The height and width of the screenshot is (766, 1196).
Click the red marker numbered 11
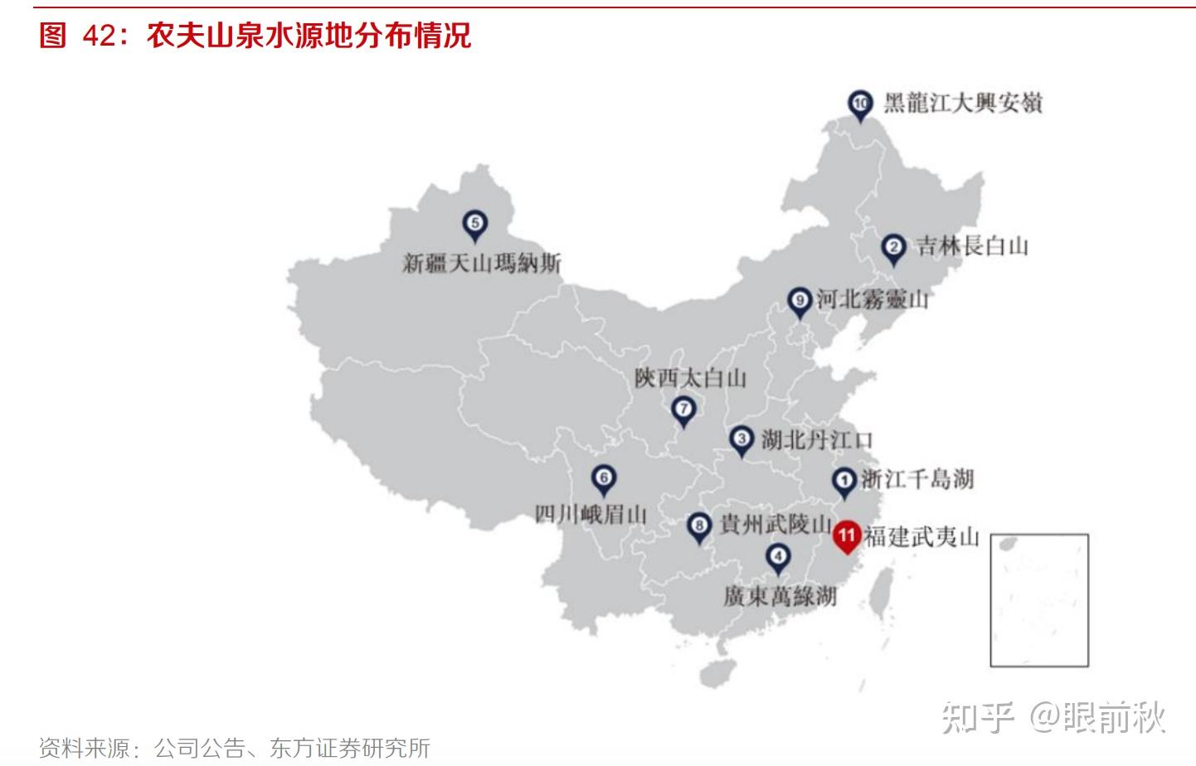846,536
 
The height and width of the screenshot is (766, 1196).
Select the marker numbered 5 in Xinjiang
474,224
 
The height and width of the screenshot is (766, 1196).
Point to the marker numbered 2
893,247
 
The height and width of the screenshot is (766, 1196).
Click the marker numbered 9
799,301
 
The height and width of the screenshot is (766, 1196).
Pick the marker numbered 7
683,410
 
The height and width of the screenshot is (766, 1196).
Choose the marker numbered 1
844,481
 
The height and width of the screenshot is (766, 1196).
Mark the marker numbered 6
604,478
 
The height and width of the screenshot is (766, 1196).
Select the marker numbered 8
700,526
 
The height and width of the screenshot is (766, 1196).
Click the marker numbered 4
778,558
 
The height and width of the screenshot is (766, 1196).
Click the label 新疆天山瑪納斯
482,264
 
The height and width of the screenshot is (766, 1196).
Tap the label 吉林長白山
972,245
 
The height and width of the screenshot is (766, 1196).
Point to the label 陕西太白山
690,378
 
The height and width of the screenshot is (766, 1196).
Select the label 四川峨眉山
591,514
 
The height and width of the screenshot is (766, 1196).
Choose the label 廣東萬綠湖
780,596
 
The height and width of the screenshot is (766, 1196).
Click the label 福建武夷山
921,536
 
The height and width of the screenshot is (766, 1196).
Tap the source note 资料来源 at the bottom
235,748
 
